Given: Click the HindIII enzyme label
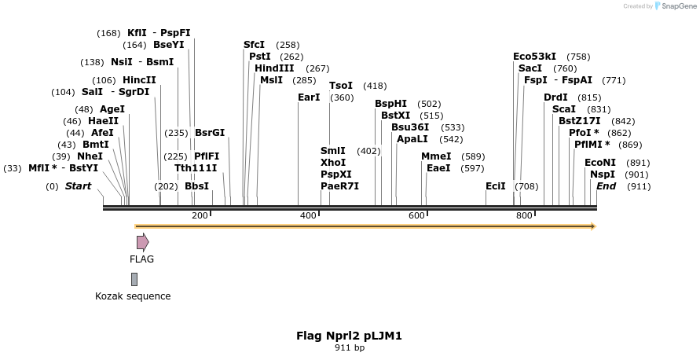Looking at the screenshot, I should (x=274, y=68).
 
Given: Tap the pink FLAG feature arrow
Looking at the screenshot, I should (x=142, y=242).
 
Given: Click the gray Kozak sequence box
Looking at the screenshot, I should (x=134, y=279).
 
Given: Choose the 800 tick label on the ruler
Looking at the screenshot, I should (x=524, y=216).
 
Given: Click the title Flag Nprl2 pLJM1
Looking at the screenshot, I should (x=349, y=336).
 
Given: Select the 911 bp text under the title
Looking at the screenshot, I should (x=349, y=347).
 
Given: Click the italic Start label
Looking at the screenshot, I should (x=78, y=186).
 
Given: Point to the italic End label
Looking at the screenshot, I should (x=606, y=186).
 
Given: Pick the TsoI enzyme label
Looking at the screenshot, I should (x=341, y=86).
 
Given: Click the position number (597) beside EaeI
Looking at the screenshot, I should (x=472, y=168).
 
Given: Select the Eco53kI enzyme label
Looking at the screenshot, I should (x=534, y=57).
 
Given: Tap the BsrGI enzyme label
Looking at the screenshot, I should (x=210, y=133).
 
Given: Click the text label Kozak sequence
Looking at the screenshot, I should (x=133, y=296).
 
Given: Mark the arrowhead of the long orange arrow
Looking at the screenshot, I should (x=593, y=226).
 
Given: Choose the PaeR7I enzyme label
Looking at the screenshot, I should (x=339, y=186).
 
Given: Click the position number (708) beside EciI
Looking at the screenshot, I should (x=526, y=186).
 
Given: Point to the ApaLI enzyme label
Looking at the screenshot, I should (x=412, y=139).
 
